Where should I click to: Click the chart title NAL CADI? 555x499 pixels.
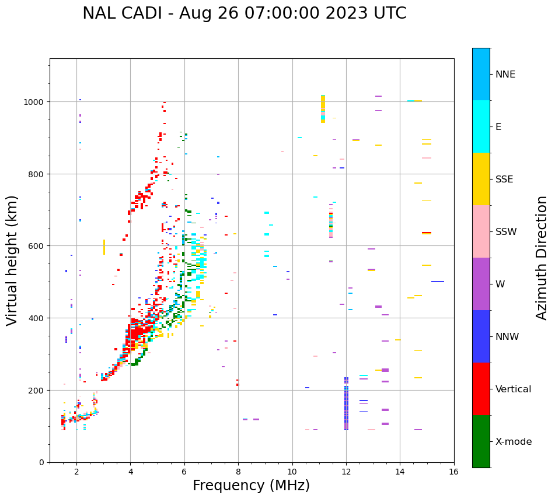point(244,13)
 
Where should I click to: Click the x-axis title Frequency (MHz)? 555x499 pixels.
point(251,486)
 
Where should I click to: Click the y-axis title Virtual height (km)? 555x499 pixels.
point(12,260)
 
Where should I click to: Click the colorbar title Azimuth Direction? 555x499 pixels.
point(542,258)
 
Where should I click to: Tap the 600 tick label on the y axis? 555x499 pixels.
point(37,246)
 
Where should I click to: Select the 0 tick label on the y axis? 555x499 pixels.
point(41,462)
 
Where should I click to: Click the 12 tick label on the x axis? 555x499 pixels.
point(346,473)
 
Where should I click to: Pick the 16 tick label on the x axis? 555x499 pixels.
point(453,473)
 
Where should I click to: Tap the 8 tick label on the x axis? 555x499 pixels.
point(238,473)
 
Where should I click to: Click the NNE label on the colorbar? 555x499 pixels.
point(505,75)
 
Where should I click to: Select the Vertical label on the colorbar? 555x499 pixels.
point(513,389)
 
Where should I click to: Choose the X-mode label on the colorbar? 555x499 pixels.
point(514,442)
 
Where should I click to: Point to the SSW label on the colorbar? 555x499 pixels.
point(506,232)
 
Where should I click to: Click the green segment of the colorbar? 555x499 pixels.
point(481,441)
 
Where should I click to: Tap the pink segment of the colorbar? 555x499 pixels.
point(481,231)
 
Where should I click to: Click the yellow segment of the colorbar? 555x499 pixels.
point(481,179)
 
